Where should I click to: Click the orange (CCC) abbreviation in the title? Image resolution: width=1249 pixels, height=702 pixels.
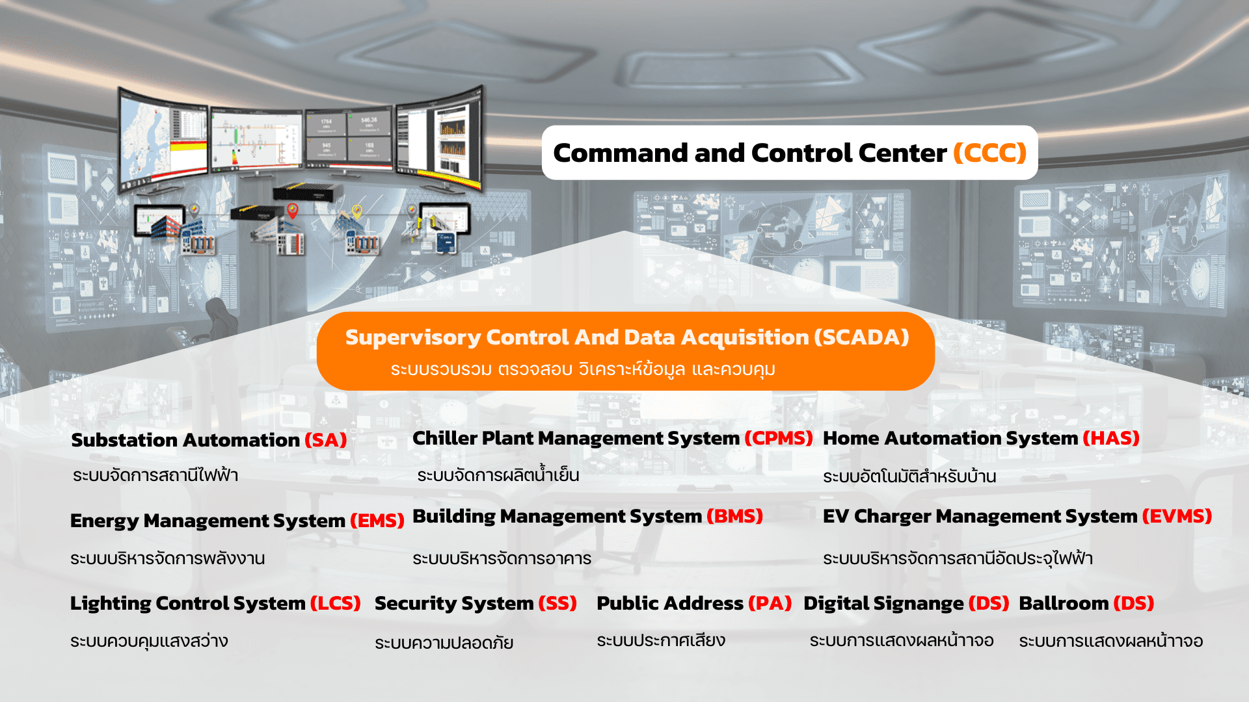tap(990, 153)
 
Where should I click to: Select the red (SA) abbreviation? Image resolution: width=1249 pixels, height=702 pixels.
tap(325, 440)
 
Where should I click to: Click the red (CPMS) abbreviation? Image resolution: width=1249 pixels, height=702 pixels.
tap(779, 438)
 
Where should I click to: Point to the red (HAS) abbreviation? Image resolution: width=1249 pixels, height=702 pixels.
tap(1111, 438)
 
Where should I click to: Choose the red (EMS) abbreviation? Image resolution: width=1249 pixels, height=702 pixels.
tap(377, 521)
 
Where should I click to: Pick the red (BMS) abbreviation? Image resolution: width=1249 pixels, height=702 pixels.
tap(734, 516)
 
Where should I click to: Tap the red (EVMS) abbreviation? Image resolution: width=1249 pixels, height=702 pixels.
tap(1177, 516)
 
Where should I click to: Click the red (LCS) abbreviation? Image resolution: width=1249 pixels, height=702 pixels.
tap(335, 603)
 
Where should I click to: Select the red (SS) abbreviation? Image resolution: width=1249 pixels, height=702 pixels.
tap(557, 603)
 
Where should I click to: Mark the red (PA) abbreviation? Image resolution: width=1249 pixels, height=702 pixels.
tap(770, 603)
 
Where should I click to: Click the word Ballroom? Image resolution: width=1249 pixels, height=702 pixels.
tap(1063, 603)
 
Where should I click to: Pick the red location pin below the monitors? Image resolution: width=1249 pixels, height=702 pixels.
tap(293, 211)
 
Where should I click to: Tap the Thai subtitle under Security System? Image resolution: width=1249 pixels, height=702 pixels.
tap(444, 642)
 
